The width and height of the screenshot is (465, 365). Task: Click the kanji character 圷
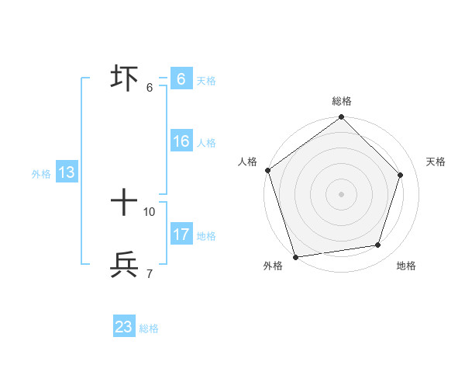[125, 78]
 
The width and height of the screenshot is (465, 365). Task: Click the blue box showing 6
[181, 79]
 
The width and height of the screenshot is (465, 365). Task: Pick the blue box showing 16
[181, 142]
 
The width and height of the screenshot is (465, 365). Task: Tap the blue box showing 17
[181, 235]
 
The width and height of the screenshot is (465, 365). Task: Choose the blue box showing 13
[67, 173]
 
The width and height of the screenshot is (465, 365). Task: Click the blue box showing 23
[124, 327]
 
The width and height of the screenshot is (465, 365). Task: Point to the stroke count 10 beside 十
[150, 211]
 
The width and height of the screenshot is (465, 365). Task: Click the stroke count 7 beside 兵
[149, 273]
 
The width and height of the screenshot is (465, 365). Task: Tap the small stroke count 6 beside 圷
[149, 87]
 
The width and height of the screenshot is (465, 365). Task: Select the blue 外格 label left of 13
[41, 174]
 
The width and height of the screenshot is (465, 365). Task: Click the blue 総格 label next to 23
[149, 328]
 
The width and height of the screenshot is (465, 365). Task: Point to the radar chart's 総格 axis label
[342, 101]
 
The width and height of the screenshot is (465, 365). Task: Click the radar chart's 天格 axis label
[436, 162]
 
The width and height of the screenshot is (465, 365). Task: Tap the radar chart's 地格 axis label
[406, 266]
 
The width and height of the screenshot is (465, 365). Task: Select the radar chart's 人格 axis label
[247, 162]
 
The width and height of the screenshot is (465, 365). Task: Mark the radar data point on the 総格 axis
[342, 118]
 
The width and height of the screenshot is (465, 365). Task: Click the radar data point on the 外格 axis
[295, 256]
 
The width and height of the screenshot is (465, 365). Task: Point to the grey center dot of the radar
[342, 193]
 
